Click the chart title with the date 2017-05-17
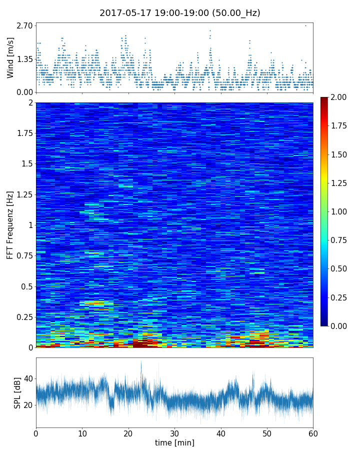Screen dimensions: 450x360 [x=180, y=13]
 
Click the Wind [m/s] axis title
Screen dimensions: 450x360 [x=10, y=57]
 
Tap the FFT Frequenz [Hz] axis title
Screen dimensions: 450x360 [x=10, y=224]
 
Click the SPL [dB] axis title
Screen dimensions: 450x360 [x=17, y=392]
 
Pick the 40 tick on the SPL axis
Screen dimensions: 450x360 [x=28, y=379]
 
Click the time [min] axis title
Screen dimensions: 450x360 [x=174, y=442]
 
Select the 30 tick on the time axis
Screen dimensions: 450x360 [x=174, y=432]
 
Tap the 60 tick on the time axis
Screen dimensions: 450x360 [x=313, y=432]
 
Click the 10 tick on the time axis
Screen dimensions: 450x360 [x=82, y=432]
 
